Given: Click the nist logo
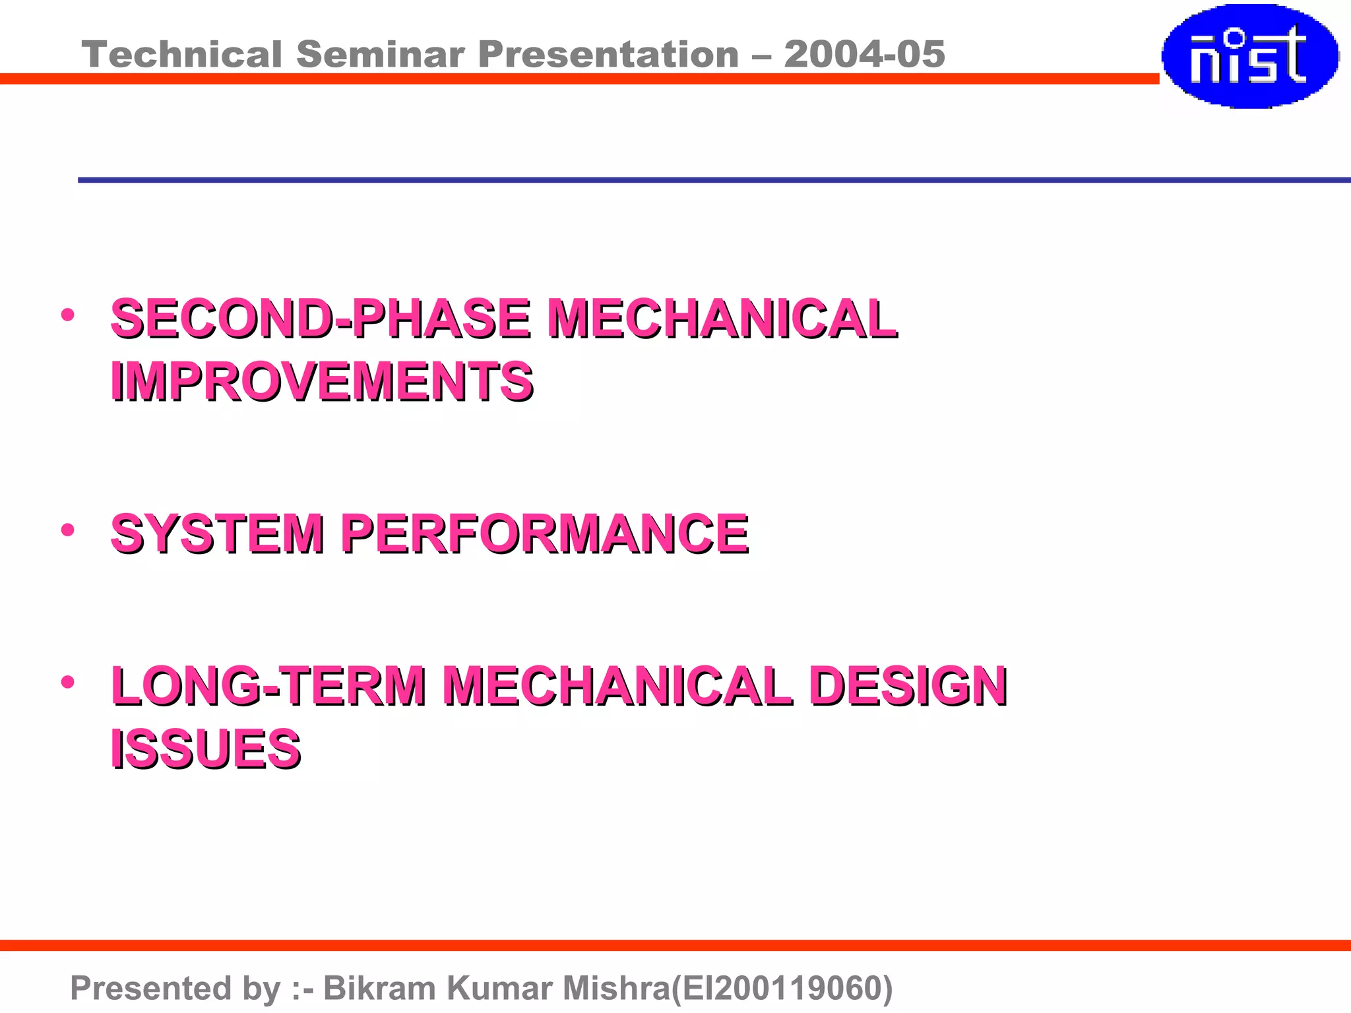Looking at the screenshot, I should tap(1249, 55).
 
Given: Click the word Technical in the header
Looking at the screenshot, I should tap(182, 54).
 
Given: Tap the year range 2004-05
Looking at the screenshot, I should tap(864, 54).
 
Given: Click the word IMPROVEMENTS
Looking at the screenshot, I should tap(322, 382).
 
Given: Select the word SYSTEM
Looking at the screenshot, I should tap(218, 534).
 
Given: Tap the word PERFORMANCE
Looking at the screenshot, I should tap(545, 534).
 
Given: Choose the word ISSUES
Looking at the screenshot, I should tap(206, 749).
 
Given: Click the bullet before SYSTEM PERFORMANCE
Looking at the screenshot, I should tap(67, 530).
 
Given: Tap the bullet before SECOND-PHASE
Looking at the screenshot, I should tap(67, 315).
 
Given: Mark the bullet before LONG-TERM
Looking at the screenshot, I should tap(67, 682).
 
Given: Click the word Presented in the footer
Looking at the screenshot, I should tap(151, 988).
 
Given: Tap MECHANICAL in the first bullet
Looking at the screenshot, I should tap(722, 319).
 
